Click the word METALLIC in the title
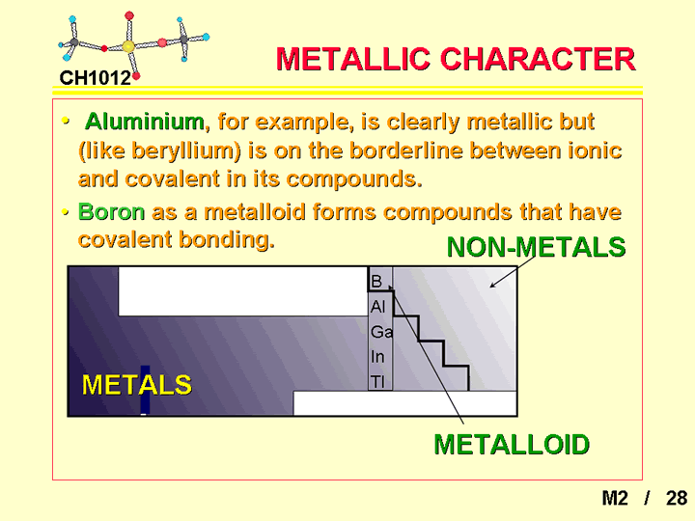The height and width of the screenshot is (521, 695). coord(353,59)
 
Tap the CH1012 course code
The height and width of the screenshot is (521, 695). coord(96,78)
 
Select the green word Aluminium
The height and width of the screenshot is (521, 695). coord(145,121)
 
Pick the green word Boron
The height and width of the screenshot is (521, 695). coord(112,211)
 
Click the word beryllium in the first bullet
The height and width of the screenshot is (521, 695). coord(185,151)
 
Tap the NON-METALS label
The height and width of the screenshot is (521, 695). coord(537,247)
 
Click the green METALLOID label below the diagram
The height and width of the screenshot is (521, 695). coord(512,445)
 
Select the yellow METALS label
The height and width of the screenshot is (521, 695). coord(136,385)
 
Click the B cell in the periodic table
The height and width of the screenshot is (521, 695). coord(376,281)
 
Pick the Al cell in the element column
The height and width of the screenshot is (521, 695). coord(378,306)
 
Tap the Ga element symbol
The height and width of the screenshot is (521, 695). coord(381,331)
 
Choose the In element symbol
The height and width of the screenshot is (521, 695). coord(377,357)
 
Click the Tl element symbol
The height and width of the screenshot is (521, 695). coord(377,381)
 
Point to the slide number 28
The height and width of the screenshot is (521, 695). coord(677,498)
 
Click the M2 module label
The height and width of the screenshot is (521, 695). coord(615,498)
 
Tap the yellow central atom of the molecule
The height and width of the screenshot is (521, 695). coord(128,46)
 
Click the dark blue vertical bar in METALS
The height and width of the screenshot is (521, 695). coord(145,390)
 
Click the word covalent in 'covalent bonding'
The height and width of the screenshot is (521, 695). coord(125,239)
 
